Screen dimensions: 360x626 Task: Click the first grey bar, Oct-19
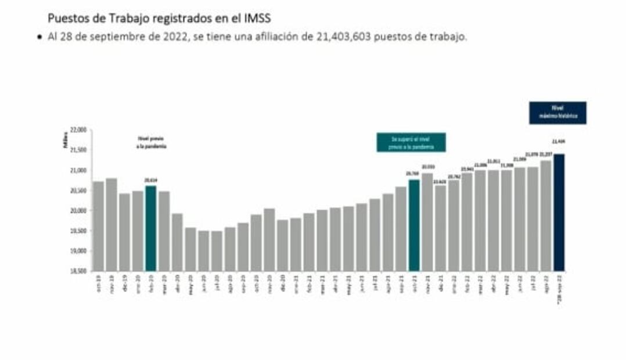coord(99,226)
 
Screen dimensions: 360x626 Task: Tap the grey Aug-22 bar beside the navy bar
coord(546,215)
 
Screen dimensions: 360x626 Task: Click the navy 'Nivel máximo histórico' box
coord(557,113)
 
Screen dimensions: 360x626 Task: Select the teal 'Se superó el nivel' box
coord(411,142)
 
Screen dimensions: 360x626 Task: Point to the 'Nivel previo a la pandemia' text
coord(153,143)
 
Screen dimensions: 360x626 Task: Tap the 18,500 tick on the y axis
coord(78,271)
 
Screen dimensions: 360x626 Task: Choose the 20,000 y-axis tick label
coord(78,211)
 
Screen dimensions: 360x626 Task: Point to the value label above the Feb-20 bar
coord(151,181)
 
